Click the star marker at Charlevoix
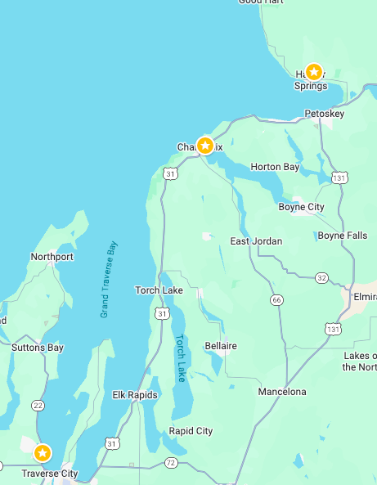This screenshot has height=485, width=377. pos(205,146)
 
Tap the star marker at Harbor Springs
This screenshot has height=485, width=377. pos(313,72)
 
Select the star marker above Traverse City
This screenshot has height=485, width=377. pos(42,452)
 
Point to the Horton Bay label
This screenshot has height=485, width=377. pos(275,167)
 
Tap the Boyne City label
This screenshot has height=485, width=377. pos(302,207)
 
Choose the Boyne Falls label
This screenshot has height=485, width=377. pos(342,236)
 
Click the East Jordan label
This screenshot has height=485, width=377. pos(256,241)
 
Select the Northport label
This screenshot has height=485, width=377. pos(52,257)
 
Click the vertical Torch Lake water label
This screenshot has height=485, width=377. pos(180,357)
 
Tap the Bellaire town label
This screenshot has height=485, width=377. pos(221,346)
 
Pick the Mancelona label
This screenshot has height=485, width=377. pos(282,392)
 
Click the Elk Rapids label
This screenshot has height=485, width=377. pos(135,395)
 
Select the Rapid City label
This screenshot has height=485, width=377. pos(191,431)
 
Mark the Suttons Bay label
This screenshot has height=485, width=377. pos(38,348)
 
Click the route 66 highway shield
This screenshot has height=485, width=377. pos(277,300)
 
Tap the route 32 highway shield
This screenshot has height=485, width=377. pos(321,278)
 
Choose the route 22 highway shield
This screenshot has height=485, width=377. pos(38,406)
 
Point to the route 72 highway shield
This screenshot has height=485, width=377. pos(170,463)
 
